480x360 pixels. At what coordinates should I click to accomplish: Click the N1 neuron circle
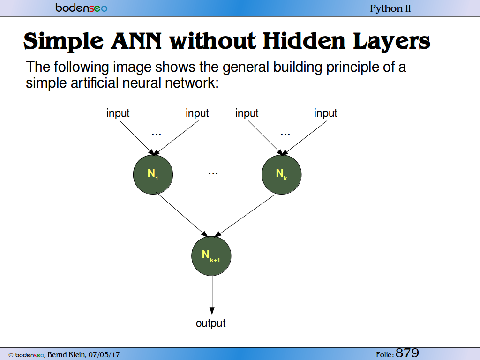tap(153, 174)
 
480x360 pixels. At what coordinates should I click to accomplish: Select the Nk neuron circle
tap(282, 174)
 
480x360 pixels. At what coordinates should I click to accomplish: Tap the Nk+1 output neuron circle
tap(211, 256)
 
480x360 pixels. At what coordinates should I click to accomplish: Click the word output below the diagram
tap(210, 323)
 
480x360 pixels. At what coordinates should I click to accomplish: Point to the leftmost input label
tap(118, 113)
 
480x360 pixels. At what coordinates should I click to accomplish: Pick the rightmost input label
tap(325, 113)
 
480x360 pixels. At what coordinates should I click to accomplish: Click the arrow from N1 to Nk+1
tap(182, 214)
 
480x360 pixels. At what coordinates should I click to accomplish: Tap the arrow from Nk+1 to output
tap(212, 295)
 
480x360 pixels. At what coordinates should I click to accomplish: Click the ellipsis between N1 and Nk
tap(213, 174)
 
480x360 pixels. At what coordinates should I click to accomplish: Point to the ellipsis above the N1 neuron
tap(156, 135)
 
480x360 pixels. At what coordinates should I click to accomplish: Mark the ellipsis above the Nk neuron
tap(285, 135)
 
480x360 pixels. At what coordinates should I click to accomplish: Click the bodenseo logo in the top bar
tap(82, 7)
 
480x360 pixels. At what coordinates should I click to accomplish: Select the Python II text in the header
tap(390, 8)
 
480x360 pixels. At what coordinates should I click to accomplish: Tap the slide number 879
tap(407, 353)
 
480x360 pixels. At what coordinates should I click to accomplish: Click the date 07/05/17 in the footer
tap(104, 355)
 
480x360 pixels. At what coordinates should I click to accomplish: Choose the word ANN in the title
tap(136, 41)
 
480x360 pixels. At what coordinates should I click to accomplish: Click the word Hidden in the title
tap(304, 41)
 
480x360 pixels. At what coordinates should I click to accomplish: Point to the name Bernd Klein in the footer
tap(67, 355)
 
